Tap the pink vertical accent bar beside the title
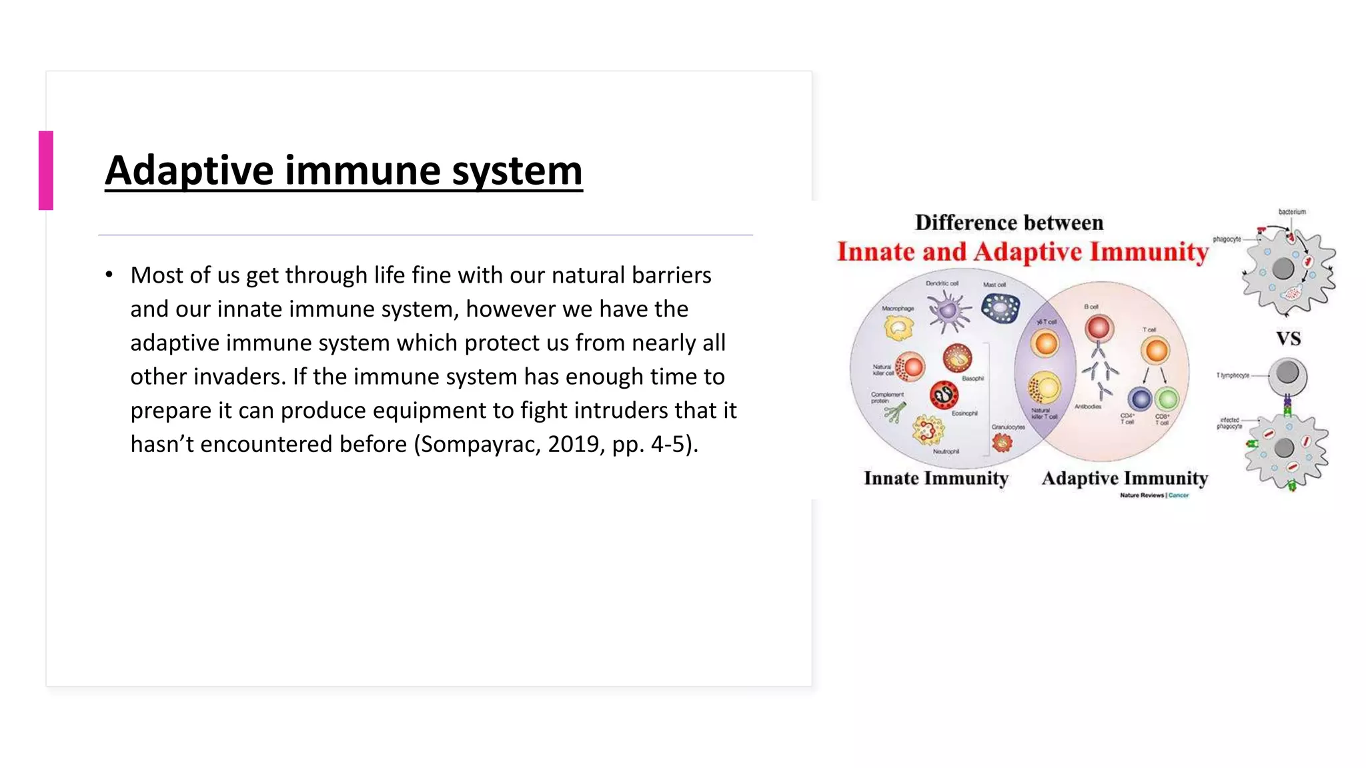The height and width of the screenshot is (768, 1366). (x=45, y=171)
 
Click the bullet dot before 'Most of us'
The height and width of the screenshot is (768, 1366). (x=109, y=275)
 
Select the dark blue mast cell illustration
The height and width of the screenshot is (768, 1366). (x=1000, y=309)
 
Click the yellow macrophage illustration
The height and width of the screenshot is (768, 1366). (x=898, y=327)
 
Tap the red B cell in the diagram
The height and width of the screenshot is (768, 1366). (x=1098, y=328)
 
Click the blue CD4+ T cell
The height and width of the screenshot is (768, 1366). (x=1140, y=399)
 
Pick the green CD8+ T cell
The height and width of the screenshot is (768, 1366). (x=1167, y=399)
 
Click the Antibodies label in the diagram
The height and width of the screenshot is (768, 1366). (x=1088, y=407)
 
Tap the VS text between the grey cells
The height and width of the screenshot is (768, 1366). (x=1288, y=339)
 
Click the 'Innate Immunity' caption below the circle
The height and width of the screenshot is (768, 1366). (x=936, y=478)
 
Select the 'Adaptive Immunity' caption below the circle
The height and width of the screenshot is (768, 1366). (x=1125, y=478)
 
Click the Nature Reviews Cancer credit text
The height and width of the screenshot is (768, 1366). (x=1154, y=495)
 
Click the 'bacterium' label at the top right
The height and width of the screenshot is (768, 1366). (x=1291, y=212)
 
